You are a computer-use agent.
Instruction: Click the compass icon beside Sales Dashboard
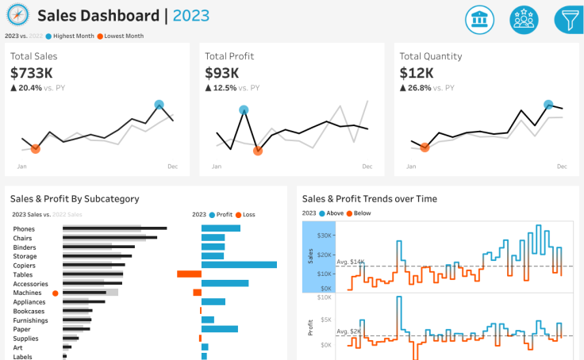pos(17,16)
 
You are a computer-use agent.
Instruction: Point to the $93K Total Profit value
pos(221,73)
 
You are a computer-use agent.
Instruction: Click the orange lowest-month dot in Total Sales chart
pos(35,148)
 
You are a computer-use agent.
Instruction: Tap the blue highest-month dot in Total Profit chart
pos(244,111)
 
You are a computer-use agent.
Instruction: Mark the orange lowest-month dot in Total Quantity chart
pos(425,147)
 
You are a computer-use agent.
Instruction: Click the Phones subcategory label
pos(25,228)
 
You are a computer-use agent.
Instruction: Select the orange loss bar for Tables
pos(189,274)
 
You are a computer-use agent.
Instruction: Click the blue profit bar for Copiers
pos(239,265)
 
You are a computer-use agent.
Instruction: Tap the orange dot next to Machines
pos(55,293)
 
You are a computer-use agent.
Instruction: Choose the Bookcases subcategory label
pos(29,311)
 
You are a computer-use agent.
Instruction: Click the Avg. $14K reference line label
pos(350,262)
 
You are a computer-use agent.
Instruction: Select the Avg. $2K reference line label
pos(348,331)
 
